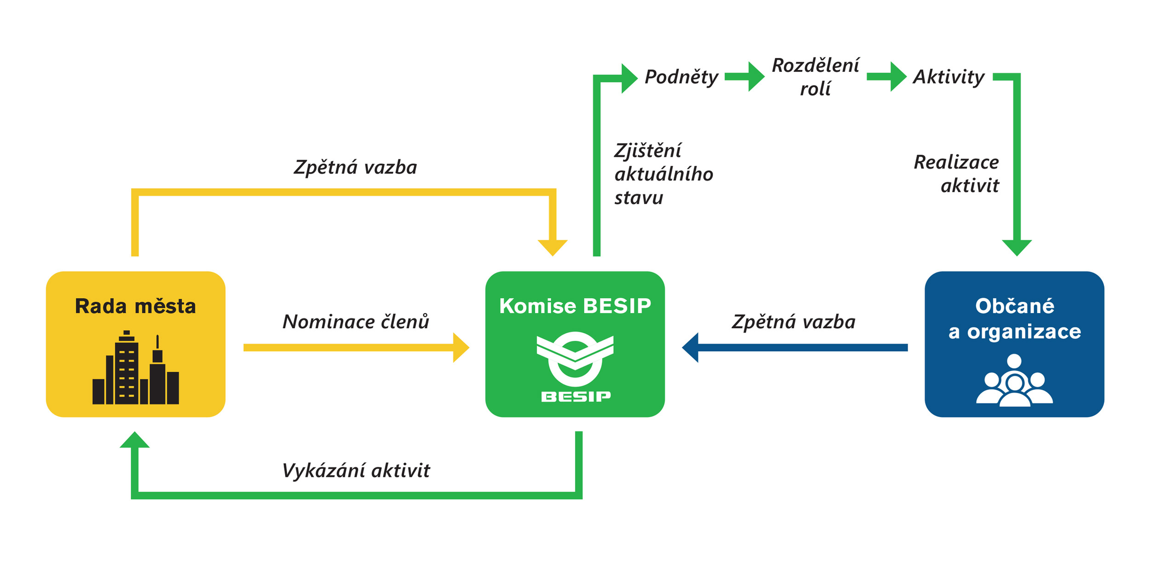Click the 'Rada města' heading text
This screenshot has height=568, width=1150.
pos(135,306)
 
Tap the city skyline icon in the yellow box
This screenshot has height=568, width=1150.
pos(135,369)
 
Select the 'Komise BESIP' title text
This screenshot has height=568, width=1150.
pos(575,306)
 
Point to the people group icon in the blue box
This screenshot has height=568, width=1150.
pos(1014,381)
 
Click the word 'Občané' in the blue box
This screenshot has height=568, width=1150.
pos(1014,306)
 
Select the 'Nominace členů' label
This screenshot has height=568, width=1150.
pos(356,322)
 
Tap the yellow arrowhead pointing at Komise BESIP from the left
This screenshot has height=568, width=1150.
pos(461,348)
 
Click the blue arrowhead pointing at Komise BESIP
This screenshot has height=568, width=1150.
pos(690,348)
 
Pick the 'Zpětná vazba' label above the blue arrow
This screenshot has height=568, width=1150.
pos(793,322)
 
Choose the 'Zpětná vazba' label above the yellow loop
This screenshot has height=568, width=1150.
pos(356,167)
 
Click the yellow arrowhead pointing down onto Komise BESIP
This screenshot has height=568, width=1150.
pos(552,247)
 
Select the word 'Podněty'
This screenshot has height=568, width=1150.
pos(681,77)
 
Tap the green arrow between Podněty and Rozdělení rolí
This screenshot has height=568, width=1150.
pos(745,77)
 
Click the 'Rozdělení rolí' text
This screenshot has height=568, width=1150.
pos(816,77)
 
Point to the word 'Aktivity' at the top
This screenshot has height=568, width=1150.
pos(948,77)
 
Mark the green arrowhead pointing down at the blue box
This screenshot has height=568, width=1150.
pos(1017,247)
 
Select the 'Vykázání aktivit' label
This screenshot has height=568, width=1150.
pos(356,471)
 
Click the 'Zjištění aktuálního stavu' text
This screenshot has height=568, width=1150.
pos(663,174)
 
